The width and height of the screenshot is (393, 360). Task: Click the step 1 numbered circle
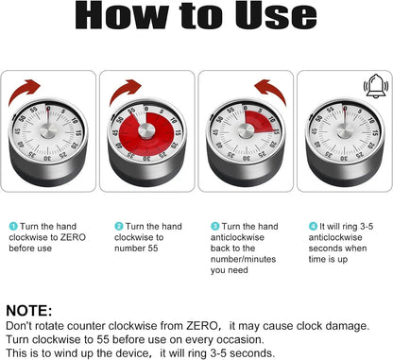13,227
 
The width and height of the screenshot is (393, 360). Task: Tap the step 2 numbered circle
119,227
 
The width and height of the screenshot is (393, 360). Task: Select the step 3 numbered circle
215,227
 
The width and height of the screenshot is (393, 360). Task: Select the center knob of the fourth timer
342,131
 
